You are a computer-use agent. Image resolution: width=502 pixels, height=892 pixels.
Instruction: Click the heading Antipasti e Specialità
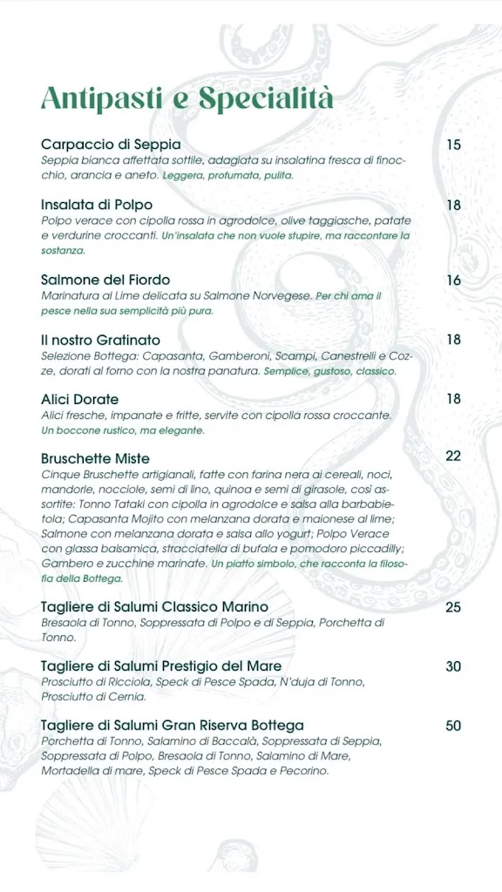pyautogui.click(x=187, y=98)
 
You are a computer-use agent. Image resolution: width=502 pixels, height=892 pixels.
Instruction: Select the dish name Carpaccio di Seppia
pyautogui.click(x=111, y=145)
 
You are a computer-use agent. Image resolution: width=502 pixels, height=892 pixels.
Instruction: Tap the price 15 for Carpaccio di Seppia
pyautogui.click(x=453, y=145)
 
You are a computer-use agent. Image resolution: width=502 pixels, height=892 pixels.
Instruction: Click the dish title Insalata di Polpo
pyautogui.click(x=97, y=206)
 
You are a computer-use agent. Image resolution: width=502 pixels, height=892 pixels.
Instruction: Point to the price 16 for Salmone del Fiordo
pyautogui.click(x=453, y=280)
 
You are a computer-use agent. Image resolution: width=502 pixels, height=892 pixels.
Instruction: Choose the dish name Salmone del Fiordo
pyautogui.click(x=105, y=280)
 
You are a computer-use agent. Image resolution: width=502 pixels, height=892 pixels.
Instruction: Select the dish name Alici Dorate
pyautogui.click(x=80, y=399)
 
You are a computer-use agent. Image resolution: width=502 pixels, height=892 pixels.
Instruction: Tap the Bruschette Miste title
pyautogui.click(x=96, y=458)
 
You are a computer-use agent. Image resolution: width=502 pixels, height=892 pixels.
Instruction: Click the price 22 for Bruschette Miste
pyautogui.click(x=453, y=456)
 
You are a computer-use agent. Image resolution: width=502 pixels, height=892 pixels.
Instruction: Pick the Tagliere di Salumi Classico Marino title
pyautogui.click(x=154, y=606)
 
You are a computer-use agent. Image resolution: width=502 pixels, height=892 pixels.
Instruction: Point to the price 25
pyautogui.click(x=453, y=607)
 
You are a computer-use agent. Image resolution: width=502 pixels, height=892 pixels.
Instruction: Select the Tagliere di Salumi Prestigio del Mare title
pyautogui.click(x=161, y=666)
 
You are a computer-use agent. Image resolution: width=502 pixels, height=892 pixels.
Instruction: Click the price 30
pyautogui.click(x=453, y=666)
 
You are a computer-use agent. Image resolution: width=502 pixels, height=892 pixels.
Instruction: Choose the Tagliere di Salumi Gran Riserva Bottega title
pyautogui.click(x=173, y=726)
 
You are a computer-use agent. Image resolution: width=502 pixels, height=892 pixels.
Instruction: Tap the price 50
pyautogui.click(x=453, y=726)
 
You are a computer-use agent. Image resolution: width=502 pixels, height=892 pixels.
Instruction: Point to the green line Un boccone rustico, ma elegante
pyautogui.click(x=123, y=430)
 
